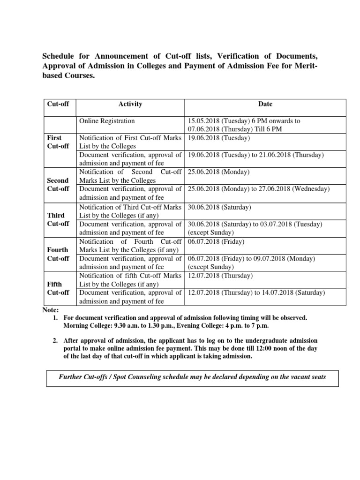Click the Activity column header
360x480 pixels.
pos(130,104)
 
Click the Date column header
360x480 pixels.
pos(265,104)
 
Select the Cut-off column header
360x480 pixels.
pos(58,104)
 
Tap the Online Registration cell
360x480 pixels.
pos(107,121)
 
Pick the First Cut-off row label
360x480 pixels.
pos(58,142)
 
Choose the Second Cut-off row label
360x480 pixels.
pos(58,185)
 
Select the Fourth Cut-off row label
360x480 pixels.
pos(58,254)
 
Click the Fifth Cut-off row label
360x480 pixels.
pos(58,288)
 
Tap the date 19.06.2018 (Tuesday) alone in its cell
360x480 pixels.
pos(219,138)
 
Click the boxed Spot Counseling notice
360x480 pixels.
pos(192,377)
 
